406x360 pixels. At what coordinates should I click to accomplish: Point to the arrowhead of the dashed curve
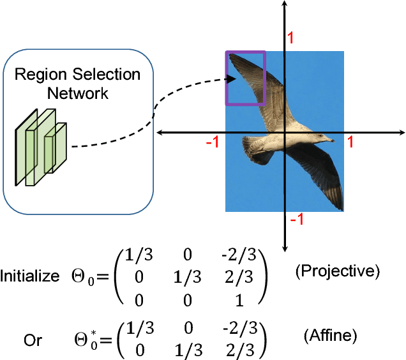[x=230, y=80]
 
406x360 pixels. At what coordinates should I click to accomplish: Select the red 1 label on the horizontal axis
[x=350, y=143]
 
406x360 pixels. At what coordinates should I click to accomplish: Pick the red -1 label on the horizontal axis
[x=213, y=143]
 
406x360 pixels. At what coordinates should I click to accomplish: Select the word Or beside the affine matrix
[x=33, y=340]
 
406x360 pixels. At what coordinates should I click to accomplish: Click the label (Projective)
[x=337, y=271]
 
